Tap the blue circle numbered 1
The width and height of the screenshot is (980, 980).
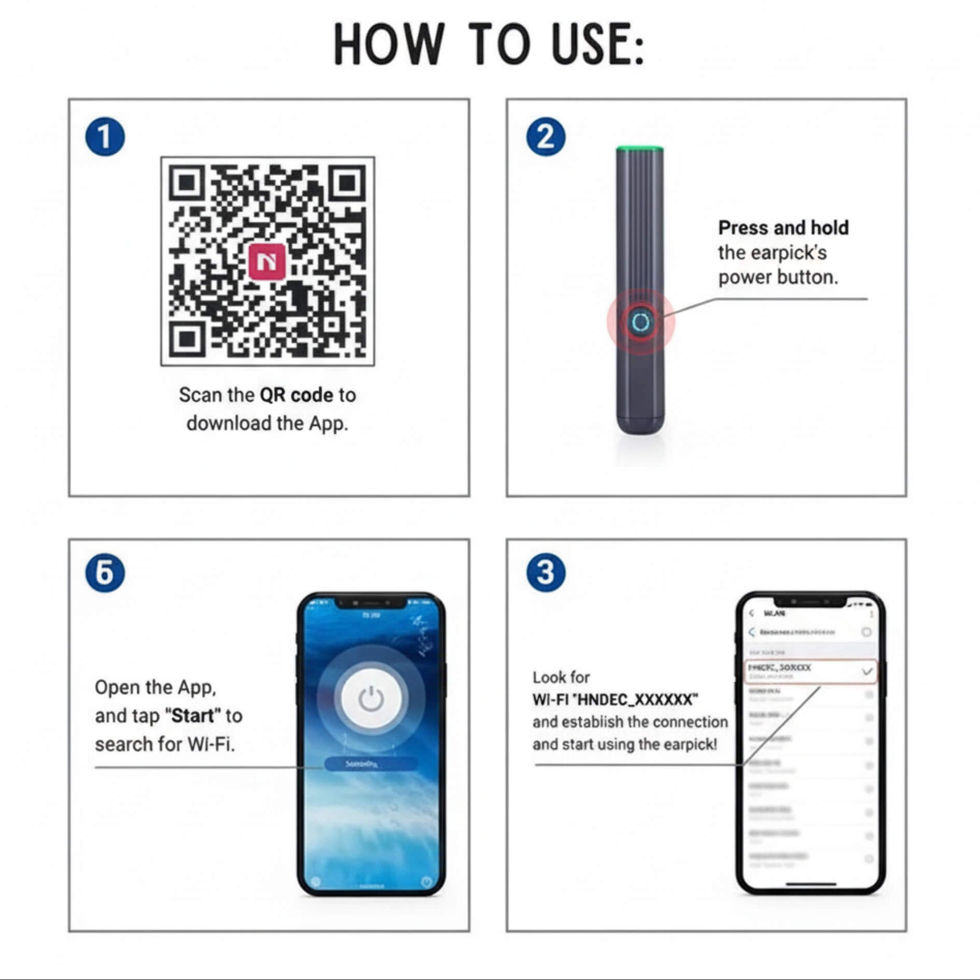coord(105,137)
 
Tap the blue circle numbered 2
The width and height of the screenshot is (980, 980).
coord(546,137)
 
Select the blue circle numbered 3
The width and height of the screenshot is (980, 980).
coord(546,573)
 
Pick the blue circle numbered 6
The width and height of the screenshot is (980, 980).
coord(105,573)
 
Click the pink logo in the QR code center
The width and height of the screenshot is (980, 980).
coord(267,261)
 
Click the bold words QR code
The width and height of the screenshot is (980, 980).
coord(296,395)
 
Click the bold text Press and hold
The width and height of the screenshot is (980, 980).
coord(783,228)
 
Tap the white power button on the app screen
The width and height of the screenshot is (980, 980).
coord(371,699)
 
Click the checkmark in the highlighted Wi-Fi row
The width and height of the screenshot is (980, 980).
coord(867,672)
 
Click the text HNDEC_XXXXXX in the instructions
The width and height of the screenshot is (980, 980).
coord(637,699)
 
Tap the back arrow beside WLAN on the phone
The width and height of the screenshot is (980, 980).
coord(752,613)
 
